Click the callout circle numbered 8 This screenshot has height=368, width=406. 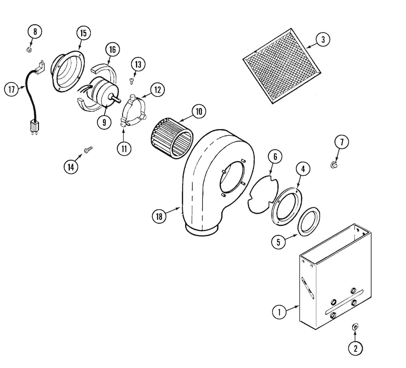pyautogui.click(x=35, y=32)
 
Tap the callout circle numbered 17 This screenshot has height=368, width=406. pyautogui.click(x=12, y=89)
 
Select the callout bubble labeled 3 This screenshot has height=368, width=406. pyautogui.click(x=323, y=40)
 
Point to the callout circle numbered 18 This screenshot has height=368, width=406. pyautogui.click(x=159, y=216)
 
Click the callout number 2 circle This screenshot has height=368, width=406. pyautogui.click(x=356, y=348)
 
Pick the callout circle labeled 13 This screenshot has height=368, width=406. pyautogui.click(x=138, y=64)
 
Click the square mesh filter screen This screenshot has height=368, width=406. pyautogui.click(x=282, y=66)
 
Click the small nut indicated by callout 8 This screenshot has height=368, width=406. pyautogui.click(x=30, y=49)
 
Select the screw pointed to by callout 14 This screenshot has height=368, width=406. pyautogui.click(x=88, y=150)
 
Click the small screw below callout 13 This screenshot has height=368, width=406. pyautogui.click(x=132, y=81)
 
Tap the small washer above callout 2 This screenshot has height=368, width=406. pyautogui.click(x=355, y=326)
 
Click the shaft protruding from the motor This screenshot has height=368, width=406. pyautogui.click(x=115, y=98)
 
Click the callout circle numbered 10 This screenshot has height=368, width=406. pyautogui.click(x=199, y=111)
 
